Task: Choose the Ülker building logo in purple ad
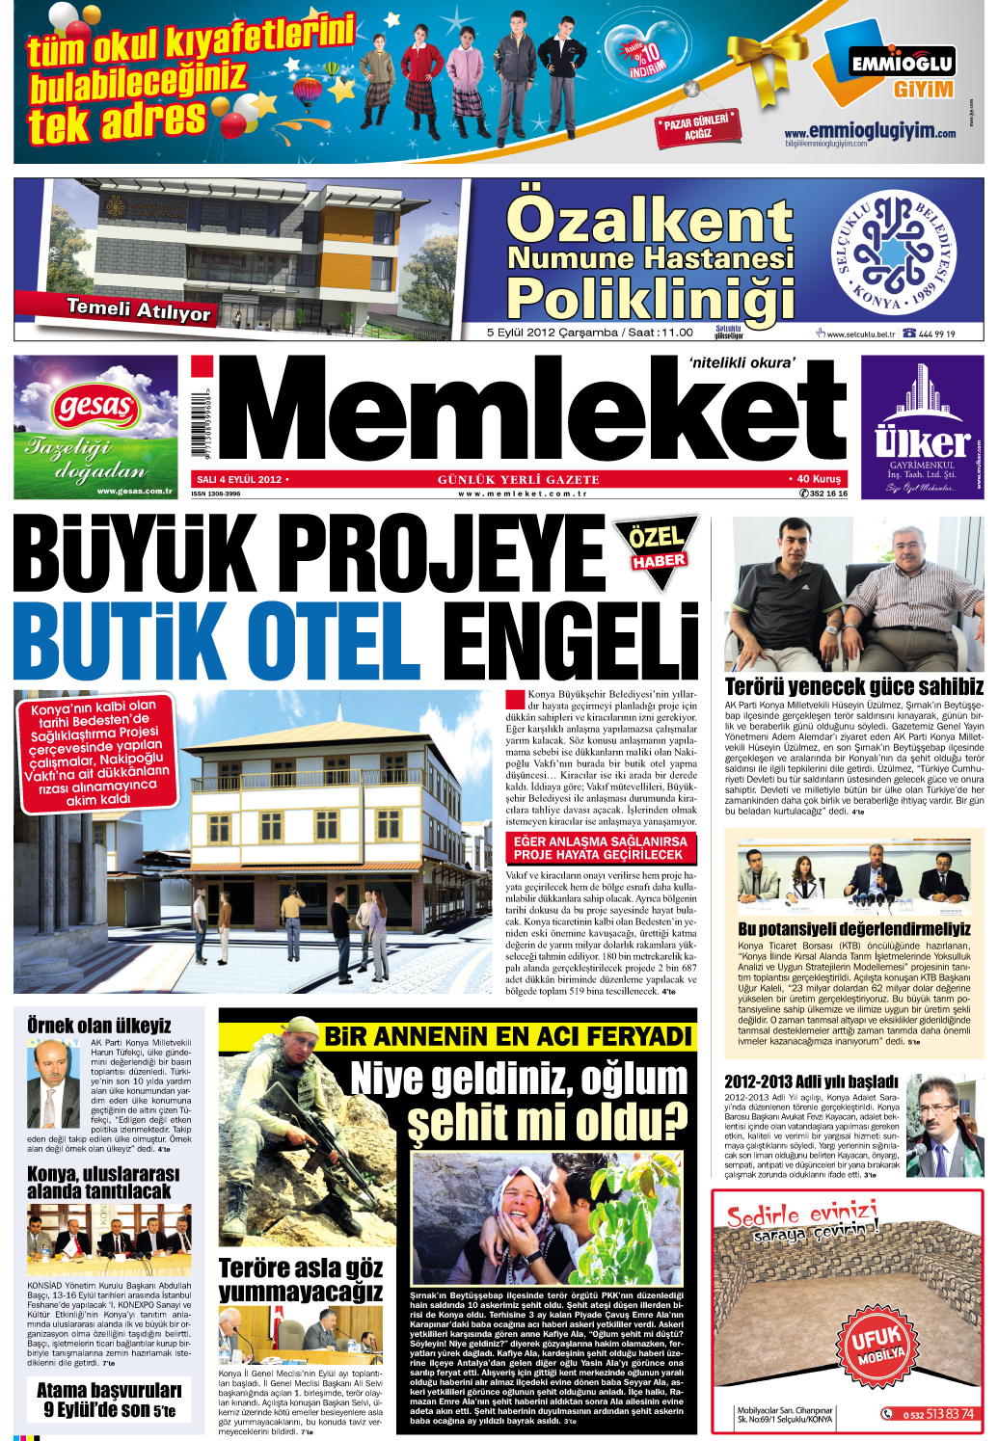[x=923, y=425]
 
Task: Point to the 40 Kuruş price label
[x=818, y=479]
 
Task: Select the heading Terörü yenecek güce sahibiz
[x=853, y=686]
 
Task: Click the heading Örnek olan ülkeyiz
[x=98, y=1025]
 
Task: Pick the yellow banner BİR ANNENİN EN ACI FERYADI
[x=508, y=1037]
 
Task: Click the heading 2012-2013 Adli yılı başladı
[x=811, y=1081]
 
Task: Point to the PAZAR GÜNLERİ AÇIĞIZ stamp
[x=698, y=127]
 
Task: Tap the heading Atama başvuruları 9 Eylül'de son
[x=109, y=1400]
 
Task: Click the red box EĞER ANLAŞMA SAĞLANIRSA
[x=600, y=848]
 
